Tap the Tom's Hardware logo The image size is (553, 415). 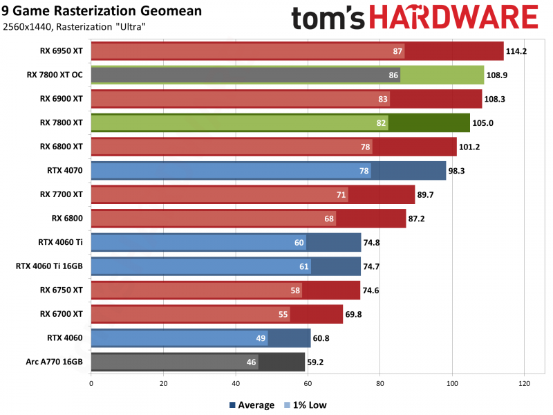[414, 19]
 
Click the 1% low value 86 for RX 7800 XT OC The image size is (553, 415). [393, 75]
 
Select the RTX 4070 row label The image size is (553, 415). [66, 170]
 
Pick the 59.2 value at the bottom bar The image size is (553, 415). [316, 362]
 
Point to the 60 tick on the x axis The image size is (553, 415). [308, 382]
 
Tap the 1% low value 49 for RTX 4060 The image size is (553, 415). [261, 338]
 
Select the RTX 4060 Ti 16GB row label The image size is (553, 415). [49, 266]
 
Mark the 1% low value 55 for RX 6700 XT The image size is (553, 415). [283, 314]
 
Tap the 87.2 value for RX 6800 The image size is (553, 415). [418, 219]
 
